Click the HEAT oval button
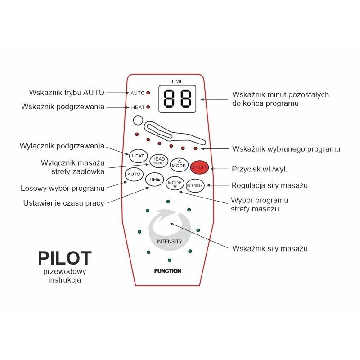(138, 156)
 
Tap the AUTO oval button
(133, 174)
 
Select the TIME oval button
(154, 179)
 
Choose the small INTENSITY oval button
(195, 185)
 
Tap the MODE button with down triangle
(175, 183)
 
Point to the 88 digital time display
(177, 99)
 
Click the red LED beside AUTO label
(148, 93)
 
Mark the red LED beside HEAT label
(148, 107)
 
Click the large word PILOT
(65, 258)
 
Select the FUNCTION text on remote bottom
(167, 271)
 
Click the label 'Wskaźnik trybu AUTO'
(66, 93)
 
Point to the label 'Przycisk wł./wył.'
(260, 169)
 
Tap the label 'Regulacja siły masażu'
(270, 185)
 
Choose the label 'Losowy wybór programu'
(63, 188)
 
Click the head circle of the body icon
(137, 121)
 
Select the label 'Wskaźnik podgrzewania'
(63, 107)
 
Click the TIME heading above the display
(177, 81)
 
